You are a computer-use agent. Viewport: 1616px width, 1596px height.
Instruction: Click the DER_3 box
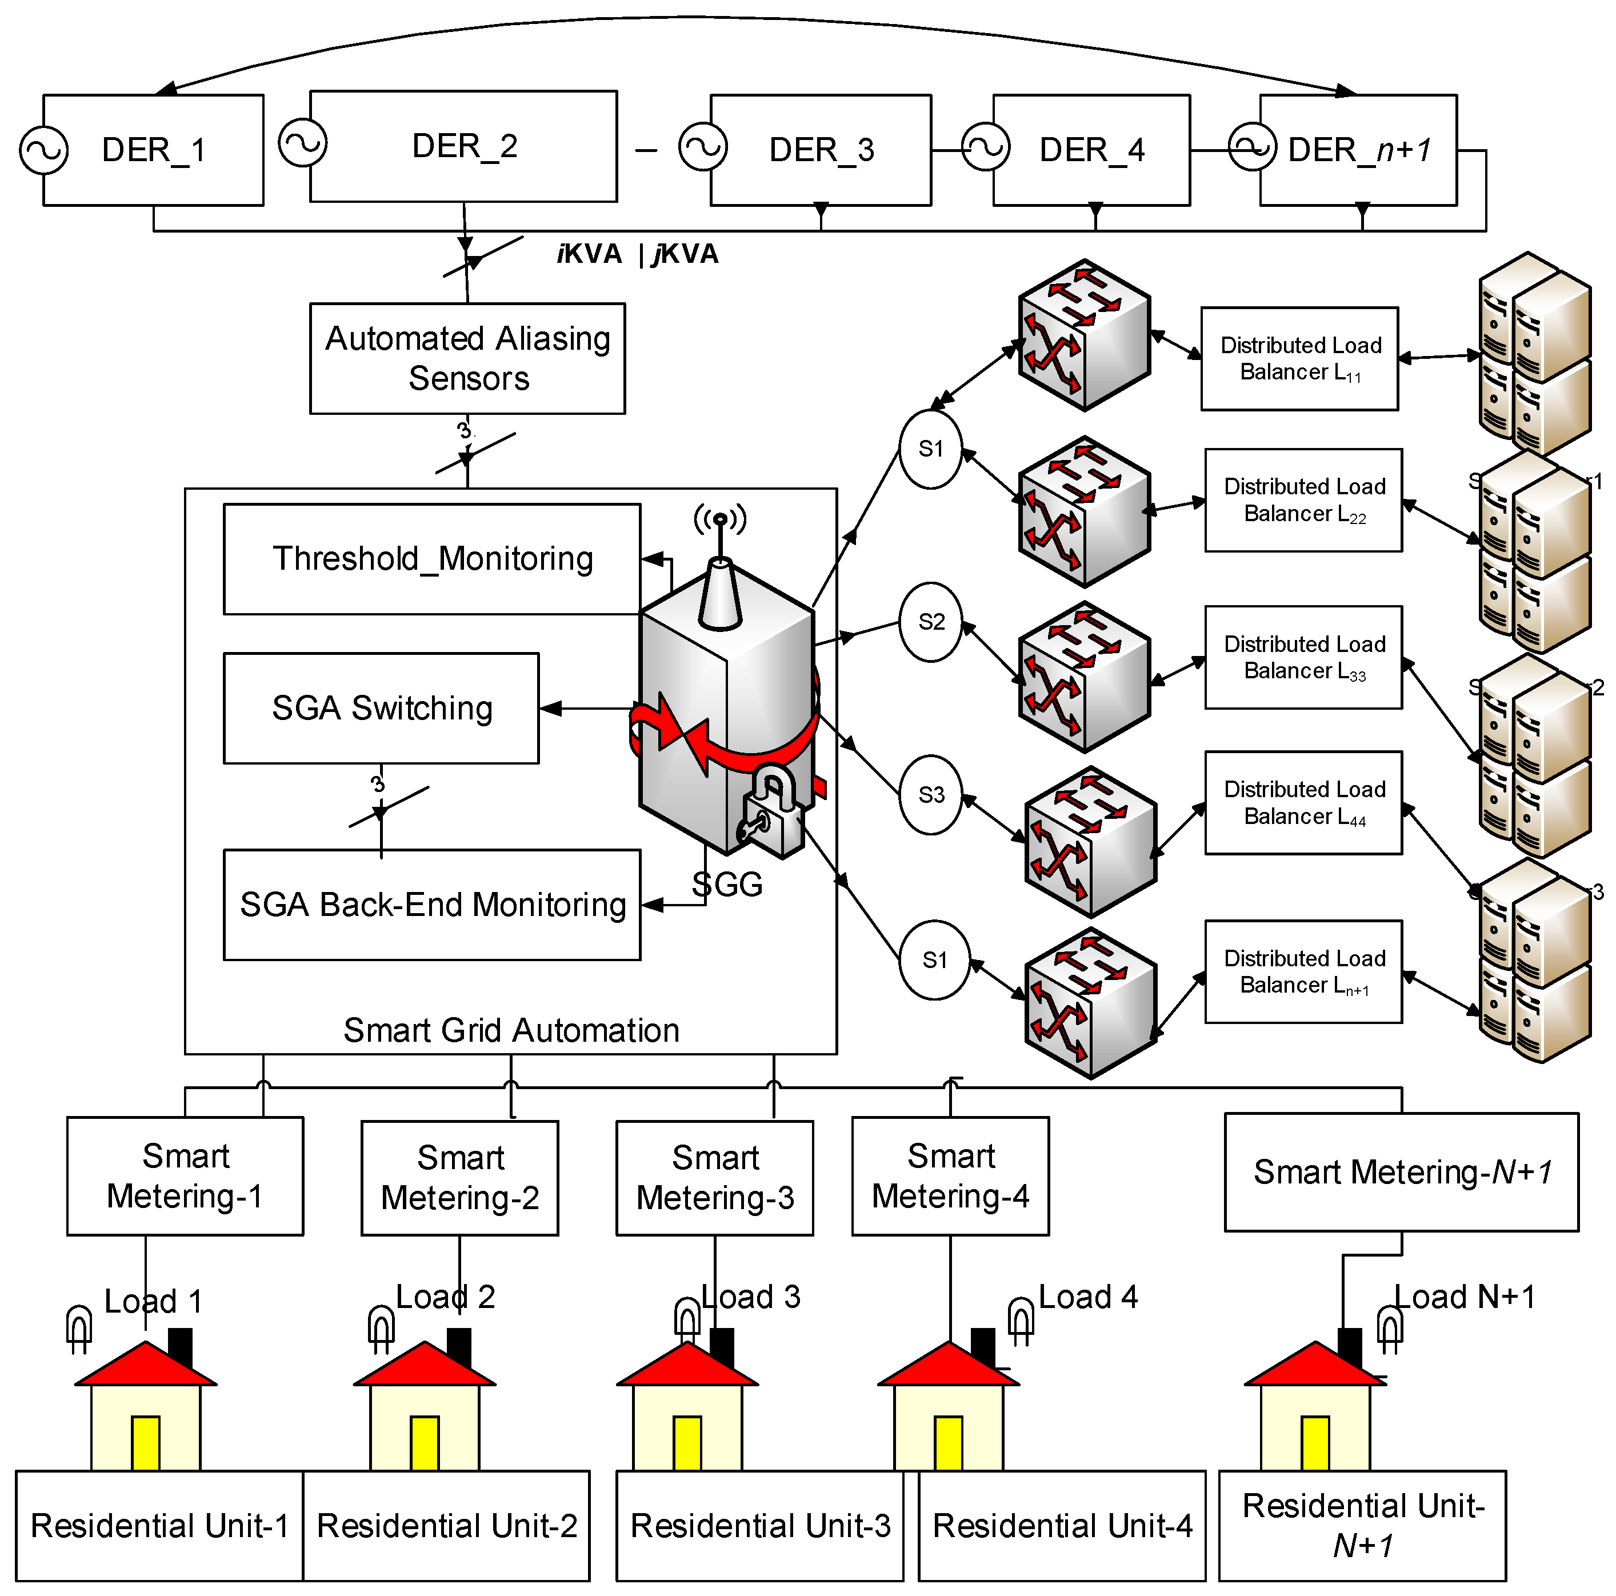click(x=821, y=150)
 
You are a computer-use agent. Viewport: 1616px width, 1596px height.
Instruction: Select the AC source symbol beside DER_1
click(x=43, y=150)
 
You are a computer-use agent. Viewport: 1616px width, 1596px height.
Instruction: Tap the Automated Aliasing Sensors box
click(x=467, y=358)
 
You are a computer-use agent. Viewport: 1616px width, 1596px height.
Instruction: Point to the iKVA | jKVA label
click(x=637, y=254)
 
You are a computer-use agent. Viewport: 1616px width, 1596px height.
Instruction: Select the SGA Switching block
click(x=381, y=707)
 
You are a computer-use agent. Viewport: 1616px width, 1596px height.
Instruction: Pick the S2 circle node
click(x=930, y=622)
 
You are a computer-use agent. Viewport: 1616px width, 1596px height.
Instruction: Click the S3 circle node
click(x=930, y=795)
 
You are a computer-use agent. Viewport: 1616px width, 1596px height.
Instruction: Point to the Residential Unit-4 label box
click(x=1062, y=1525)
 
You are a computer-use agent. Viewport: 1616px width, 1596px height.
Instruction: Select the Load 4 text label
click(x=1087, y=1297)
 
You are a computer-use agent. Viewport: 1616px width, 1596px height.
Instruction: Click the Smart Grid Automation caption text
click(x=511, y=1030)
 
